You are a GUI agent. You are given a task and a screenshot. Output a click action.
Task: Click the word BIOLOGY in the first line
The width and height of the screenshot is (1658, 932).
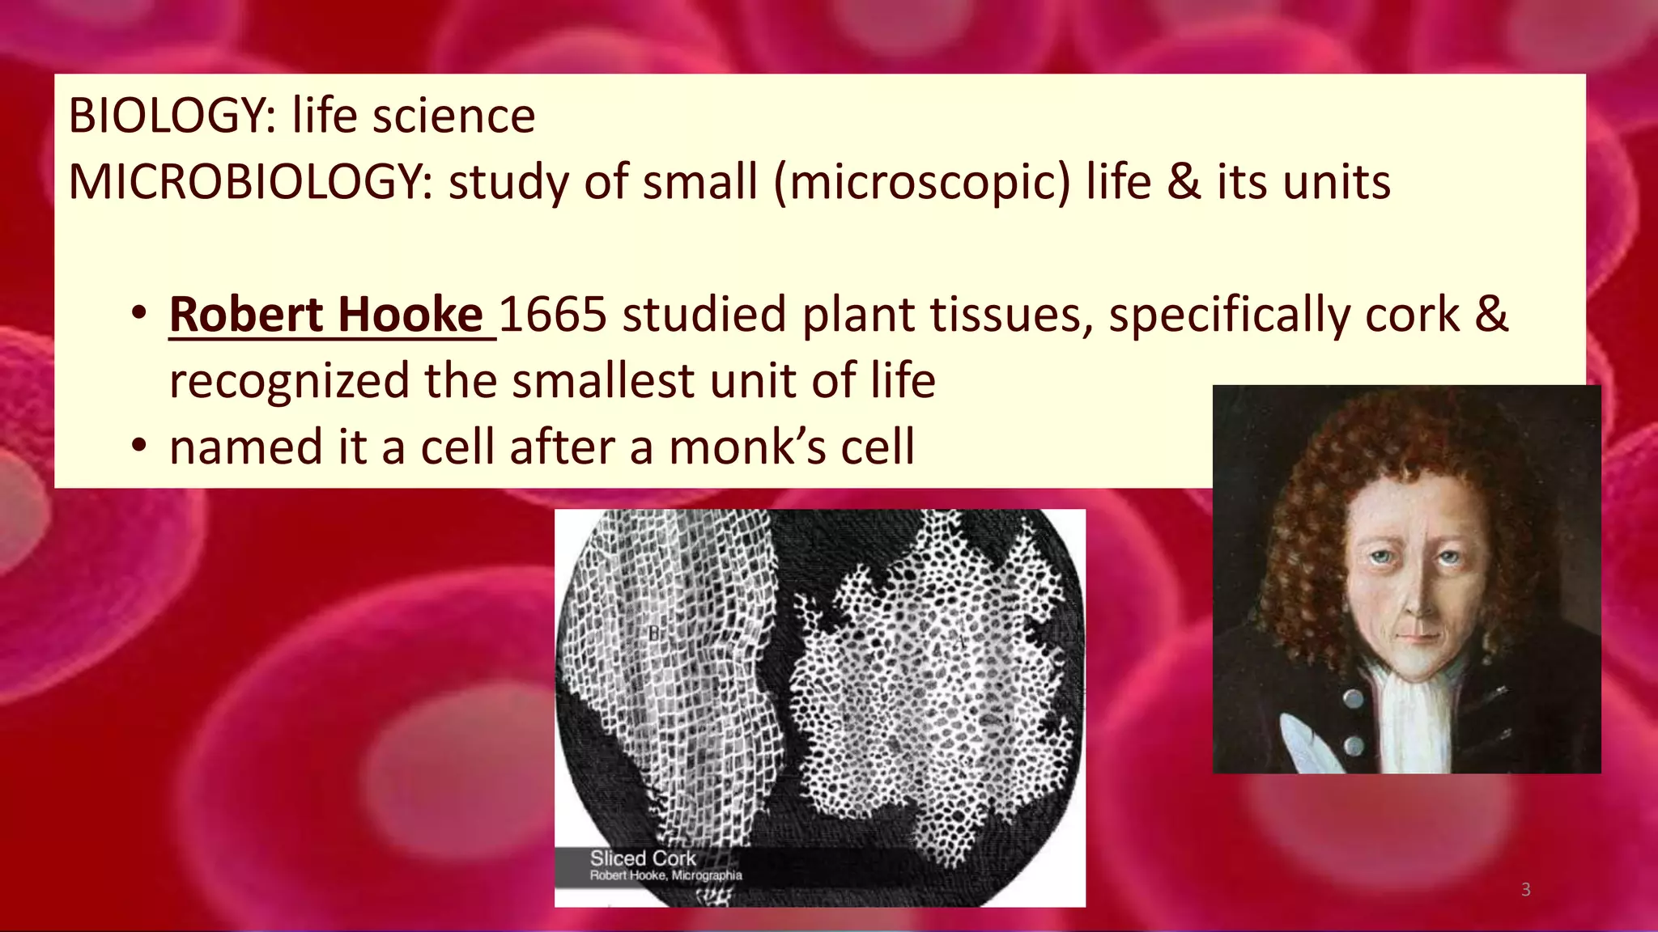[166, 116]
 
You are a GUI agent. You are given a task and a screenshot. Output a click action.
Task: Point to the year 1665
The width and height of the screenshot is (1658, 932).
[553, 315]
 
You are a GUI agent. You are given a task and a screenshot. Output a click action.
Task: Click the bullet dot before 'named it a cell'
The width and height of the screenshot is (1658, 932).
[140, 445]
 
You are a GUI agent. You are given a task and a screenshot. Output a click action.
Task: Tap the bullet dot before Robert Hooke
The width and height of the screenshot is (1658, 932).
[140, 312]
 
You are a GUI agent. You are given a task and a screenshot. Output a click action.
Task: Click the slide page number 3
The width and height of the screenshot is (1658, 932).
[1525, 890]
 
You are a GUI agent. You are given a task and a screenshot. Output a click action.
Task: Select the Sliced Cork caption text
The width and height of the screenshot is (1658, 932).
[643, 858]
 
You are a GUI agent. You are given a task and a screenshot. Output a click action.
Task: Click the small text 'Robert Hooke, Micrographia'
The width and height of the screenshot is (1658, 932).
[665, 875]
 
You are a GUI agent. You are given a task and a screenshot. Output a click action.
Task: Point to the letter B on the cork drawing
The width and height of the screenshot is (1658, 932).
[654, 634]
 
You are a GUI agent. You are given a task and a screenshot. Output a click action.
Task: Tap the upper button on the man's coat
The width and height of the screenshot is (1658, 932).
[1350, 697]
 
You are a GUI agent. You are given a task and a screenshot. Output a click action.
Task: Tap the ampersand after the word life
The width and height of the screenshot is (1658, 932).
[1184, 182]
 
